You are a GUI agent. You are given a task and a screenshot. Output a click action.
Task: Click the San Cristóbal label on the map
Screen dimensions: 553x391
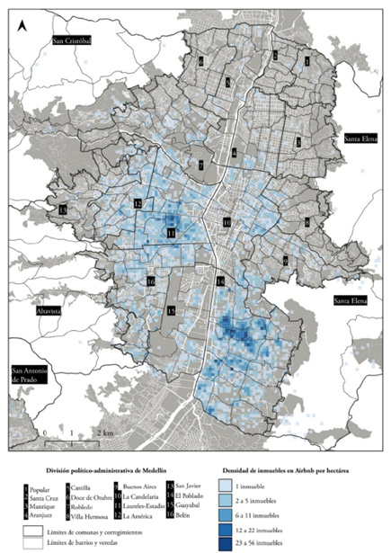(78, 40)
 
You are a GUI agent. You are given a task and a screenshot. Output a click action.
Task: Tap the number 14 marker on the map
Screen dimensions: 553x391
(220, 281)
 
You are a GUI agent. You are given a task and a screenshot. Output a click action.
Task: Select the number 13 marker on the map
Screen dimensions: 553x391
(62, 210)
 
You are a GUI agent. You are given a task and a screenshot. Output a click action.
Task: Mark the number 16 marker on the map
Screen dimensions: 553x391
(152, 281)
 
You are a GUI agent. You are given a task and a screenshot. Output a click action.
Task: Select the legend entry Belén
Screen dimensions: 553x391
(177, 517)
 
